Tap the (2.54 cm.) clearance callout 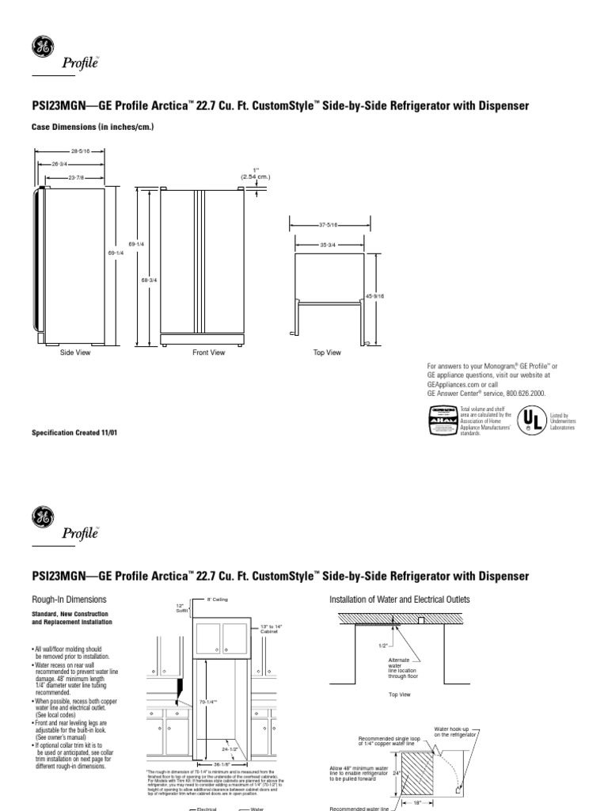pyautogui.click(x=256, y=177)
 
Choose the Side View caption pyautogui.click(x=76, y=352)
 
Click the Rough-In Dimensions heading pyautogui.click(x=68, y=600)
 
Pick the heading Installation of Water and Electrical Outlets pyautogui.click(x=399, y=600)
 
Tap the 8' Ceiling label pyautogui.click(x=217, y=600)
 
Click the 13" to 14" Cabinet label pyautogui.click(x=271, y=629)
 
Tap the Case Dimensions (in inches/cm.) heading pyautogui.click(x=91, y=127)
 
